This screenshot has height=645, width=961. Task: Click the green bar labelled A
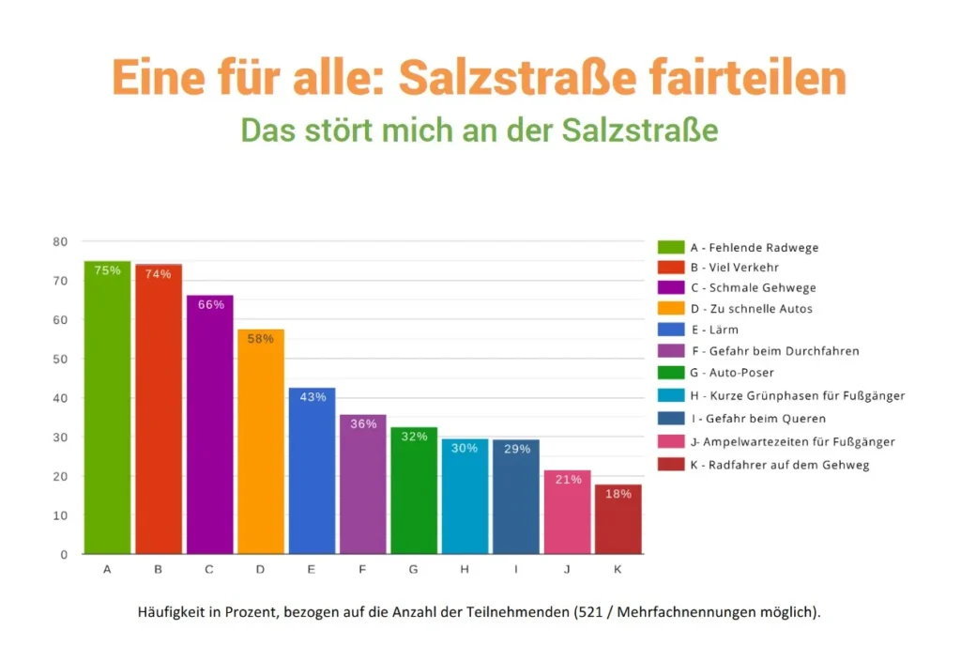point(107,407)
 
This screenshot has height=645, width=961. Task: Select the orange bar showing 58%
point(260,441)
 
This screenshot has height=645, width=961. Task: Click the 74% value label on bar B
point(158,274)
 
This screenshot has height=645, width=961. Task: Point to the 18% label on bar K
point(618,494)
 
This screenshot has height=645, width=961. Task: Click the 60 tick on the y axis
point(61,320)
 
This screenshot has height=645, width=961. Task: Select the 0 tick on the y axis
point(64,554)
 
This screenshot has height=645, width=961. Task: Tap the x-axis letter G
point(413,570)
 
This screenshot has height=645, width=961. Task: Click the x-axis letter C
point(208,570)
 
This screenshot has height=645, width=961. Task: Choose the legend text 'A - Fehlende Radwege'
point(755,248)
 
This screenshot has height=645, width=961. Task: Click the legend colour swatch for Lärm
point(671,330)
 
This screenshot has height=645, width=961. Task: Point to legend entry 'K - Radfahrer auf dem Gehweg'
point(779,465)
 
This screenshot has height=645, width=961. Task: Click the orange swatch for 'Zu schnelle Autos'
point(671,308)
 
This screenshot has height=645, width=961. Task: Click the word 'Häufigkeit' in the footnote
point(171,612)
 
